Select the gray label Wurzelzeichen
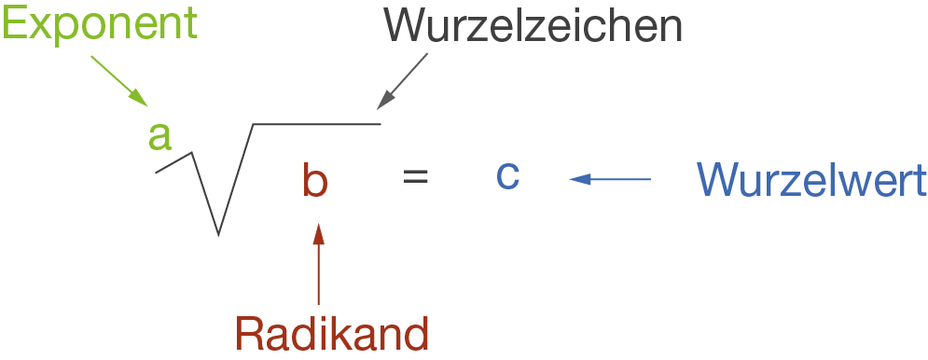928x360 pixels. [x=533, y=28]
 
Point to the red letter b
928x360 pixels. [x=315, y=180]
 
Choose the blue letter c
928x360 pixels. [x=507, y=175]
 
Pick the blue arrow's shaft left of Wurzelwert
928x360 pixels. [x=620, y=178]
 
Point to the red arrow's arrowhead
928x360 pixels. [x=319, y=231]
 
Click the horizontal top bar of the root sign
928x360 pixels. [x=317, y=123]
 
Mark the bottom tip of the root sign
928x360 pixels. [x=218, y=233]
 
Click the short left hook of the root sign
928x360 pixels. [x=173, y=163]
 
